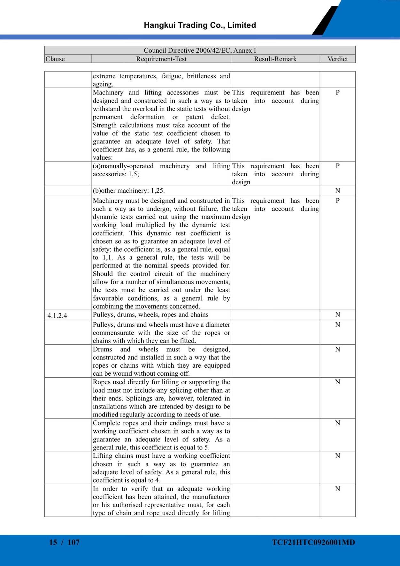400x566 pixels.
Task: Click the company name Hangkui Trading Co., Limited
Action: point(200,25)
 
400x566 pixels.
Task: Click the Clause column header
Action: point(55,59)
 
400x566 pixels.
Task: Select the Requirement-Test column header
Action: point(161,59)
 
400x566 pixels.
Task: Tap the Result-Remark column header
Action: point(275,59)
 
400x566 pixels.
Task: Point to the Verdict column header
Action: point(337,59)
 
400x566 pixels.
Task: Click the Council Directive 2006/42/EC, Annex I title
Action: point(200,50)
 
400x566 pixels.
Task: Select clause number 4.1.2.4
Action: point(57,316)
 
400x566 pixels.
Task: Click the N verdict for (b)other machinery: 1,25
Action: point(337,191)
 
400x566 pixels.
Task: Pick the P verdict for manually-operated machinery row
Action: point(337,166)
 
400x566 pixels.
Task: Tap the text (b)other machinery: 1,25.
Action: point(129,191)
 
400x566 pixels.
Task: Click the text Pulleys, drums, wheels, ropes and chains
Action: point(150,315)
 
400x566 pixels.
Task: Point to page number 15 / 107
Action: point(64,542)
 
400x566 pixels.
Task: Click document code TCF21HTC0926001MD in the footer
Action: point(313,542)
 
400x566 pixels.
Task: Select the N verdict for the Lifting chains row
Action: point(337,456)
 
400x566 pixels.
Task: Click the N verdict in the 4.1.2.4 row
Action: point(337,315)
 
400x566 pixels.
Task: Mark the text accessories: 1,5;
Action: point(116,174)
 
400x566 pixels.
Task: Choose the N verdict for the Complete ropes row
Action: point(337,423)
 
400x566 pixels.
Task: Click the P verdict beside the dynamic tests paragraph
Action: point(337,201)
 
